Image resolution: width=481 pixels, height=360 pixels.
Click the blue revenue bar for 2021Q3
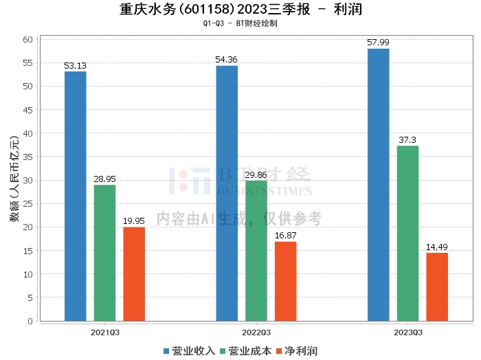tap(76, 196)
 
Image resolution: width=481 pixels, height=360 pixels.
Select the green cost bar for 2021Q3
tap(105, 253)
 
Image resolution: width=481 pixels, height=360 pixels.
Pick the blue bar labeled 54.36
tap(227, 193)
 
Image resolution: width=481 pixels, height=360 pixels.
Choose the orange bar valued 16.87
tap(286, 281)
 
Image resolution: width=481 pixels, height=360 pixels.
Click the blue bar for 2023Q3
tap(379, 185)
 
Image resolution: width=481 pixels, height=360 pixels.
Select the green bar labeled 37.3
tap(407, 233)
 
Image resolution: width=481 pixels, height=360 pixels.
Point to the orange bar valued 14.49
tap(437, 286)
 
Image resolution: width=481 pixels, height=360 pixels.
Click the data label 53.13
tap(76, 66)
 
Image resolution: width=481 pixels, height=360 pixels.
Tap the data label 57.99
tap(379, 43)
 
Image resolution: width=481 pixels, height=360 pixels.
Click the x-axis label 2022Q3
tap(256, 333)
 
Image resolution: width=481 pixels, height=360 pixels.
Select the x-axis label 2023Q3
tap(407, 333)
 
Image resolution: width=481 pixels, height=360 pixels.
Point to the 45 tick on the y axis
tap(28, 109)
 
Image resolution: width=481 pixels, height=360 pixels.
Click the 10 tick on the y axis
tap(28, 274)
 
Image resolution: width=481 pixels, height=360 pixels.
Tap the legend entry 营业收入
tap(189, 351)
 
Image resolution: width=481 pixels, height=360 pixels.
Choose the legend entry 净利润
tap(296, 351)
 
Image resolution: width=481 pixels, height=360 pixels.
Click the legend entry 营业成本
tap(245, 351)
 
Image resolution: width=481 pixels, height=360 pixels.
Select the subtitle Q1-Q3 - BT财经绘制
tap(240, 23)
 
